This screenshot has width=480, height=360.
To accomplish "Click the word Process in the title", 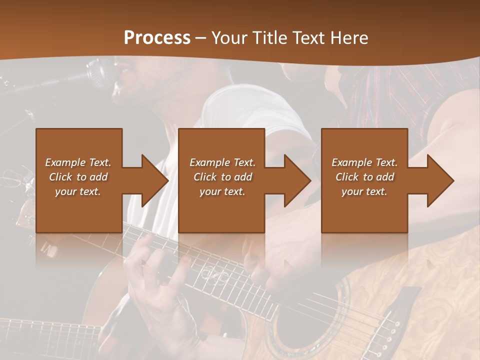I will click(x=157, y=37).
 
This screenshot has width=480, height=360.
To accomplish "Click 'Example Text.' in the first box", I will click(x=78, y=162).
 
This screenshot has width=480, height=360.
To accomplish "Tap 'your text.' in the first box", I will click(x=78, y=191).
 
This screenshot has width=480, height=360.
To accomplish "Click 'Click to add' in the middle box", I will click(x=222, y=177).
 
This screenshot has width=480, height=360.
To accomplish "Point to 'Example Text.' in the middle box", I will click(x=222, y=162).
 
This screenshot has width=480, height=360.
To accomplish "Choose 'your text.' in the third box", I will click(x=364, y=191).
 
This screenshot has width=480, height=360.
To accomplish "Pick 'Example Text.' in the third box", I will click(x=364, y=162).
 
